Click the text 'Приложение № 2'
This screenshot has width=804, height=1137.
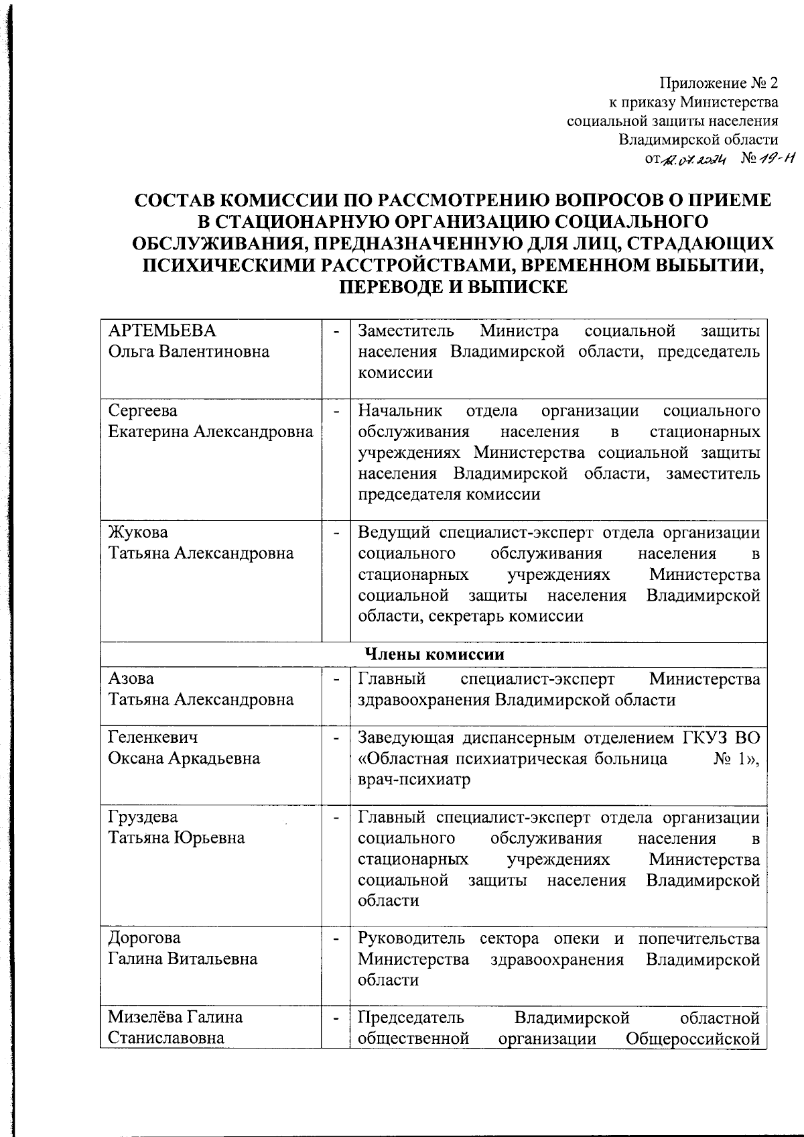(x=719, y=84)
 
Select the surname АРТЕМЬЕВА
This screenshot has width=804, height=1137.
(x=162, y=331)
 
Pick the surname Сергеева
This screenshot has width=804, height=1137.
(x=143, y=410)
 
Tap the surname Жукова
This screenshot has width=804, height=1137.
(x=139, y=532)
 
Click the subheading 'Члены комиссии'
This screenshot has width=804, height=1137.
(x=433, y=654)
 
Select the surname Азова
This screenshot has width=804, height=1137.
(x=131, y=678)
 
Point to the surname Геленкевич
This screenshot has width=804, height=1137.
(x=153, y=737)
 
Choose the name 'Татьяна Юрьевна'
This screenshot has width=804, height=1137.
(x=177, y=838)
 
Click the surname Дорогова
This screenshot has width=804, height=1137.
(x=145, y=938)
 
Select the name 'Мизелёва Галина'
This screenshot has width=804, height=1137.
(x=176, y=1017)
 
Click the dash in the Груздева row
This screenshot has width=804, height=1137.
(x=336, y=817)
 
